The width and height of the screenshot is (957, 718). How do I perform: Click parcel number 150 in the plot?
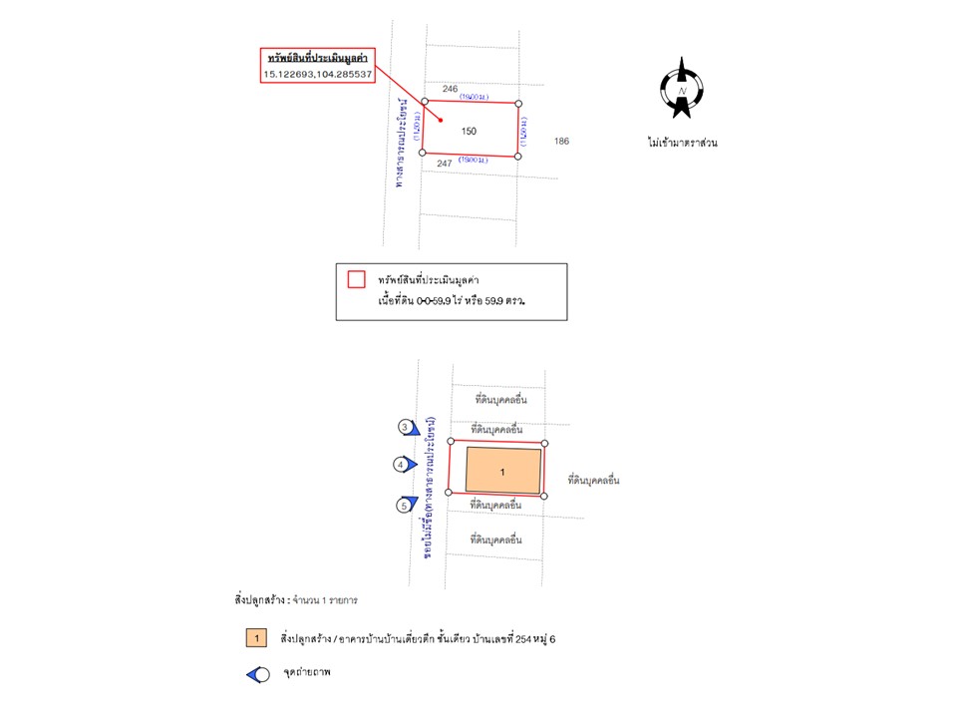[x=469, y=132]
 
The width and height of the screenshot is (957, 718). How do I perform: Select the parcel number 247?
[x=445, y=163]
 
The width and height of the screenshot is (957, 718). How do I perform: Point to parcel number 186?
[x=562, y=142]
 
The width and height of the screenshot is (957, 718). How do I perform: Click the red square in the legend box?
[x=356, y=279]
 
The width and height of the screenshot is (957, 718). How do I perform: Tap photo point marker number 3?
[x=407, y=428]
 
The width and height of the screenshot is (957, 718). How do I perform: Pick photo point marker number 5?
[x=407, y=506]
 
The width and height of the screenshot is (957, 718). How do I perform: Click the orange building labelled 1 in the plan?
[x=502, y=471]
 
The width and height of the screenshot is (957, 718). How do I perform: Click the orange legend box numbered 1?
[x=257, y=637]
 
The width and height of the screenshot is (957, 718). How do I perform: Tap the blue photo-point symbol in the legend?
[x=258, y=674]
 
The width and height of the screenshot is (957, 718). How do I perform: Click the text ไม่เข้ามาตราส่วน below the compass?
[x=682, y=143]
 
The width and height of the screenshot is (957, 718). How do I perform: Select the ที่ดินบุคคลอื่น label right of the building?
[x=593, y=480]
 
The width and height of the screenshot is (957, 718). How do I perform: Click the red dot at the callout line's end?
[x=442, y=122]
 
